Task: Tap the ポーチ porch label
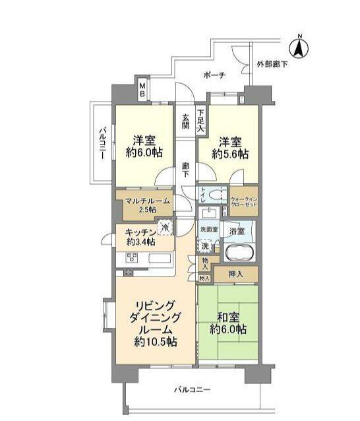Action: click(x=214, y=75)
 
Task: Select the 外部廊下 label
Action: click(x=272, y=64)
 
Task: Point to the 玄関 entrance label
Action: click(x=186, y=121)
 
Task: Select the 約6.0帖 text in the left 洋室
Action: click(x=144, y=152)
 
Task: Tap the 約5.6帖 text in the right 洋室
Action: click(x=230, y=154)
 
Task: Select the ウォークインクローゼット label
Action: click(x=244, y=201)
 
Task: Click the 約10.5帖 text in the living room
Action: click(x=154, y=341)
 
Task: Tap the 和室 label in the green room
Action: click(x=228, y=315)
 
